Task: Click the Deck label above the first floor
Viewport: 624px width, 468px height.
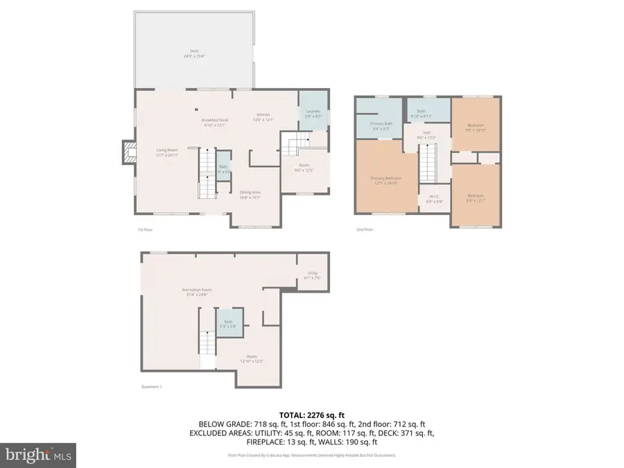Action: click(195, 51)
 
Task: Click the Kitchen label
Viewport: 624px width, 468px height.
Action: click(263, 116)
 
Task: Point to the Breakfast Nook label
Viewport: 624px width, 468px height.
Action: click(214, 122)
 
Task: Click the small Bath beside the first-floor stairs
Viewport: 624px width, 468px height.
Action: click(223, 168)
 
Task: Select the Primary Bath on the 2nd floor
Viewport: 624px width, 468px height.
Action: click(377, 125)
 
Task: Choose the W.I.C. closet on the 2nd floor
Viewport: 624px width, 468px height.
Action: click(434, 198)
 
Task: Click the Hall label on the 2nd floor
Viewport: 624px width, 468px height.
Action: click(427, 135)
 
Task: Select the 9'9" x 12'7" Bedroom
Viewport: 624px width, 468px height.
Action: click(476, 197)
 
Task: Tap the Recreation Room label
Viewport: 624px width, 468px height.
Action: click(196, 291)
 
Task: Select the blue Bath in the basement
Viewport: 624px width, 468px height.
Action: click(229, 324)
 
